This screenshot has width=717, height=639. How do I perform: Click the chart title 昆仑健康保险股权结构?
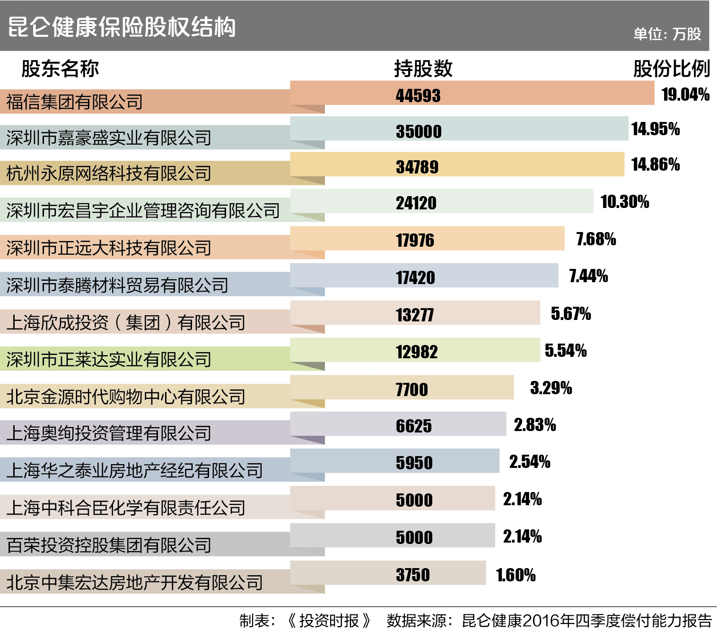[122, 27]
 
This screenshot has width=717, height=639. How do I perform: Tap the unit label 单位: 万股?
[667, 34]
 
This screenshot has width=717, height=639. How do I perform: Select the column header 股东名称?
[60, 69]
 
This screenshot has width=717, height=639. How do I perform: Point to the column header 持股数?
[423, 69]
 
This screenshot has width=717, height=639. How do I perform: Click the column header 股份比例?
[671, 69]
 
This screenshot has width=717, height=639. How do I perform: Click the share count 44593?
[418, 96]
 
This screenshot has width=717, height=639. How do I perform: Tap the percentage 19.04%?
[685, 95]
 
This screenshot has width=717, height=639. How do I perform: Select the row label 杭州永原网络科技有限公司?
[109, 173]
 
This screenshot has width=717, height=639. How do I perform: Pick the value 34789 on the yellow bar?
[417, 167]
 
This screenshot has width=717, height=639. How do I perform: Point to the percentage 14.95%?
[656, 129]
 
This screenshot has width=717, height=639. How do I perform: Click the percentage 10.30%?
[625, 202]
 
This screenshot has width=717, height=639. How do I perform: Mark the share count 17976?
[415, 240]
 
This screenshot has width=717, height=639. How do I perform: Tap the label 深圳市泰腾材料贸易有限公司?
[117, 285]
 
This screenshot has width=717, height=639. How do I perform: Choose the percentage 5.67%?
[571, 314]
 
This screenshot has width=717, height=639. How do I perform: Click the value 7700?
[411, 389]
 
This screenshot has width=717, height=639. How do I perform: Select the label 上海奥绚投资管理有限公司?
[109, 433]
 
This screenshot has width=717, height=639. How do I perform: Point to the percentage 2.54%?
[530, 462]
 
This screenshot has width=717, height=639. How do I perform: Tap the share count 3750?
[413, 575]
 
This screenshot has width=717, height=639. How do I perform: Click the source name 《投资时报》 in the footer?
[329, 621]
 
